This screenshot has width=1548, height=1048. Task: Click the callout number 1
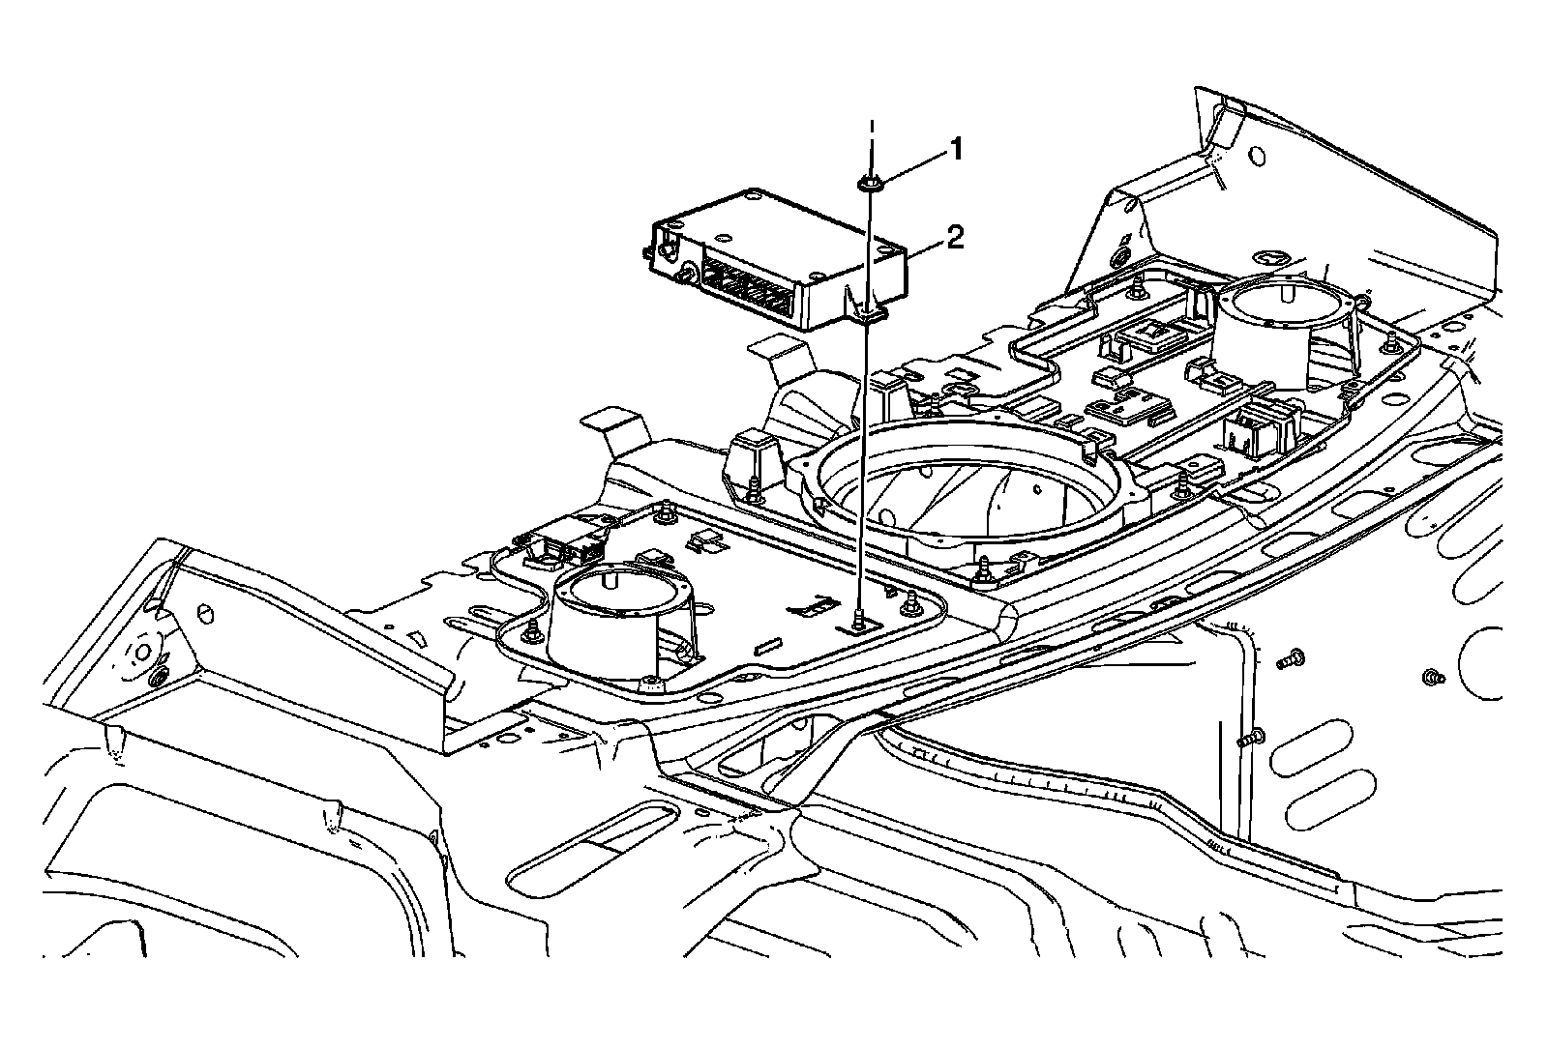955,149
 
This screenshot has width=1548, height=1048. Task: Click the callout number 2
955,237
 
